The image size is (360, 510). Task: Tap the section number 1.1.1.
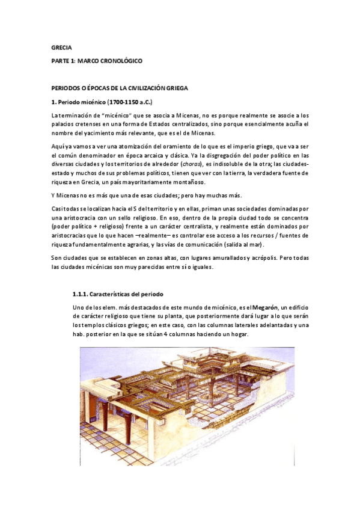click(80, 295)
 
